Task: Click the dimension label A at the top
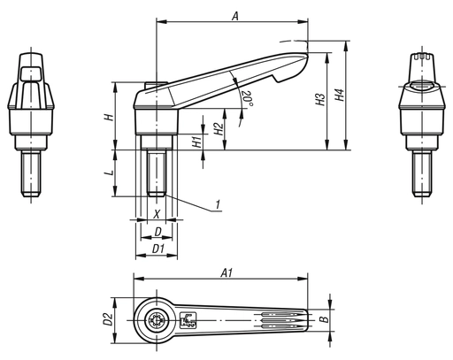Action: [x=234, y=15]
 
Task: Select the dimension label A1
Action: [x=226, y=273]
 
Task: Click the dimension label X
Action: [x=157, y=214]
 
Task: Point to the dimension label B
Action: [x=324, y=320]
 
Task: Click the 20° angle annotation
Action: [x=249, y=98]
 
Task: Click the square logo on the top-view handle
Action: [x=188, y=321]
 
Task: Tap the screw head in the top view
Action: [x=156, y=321]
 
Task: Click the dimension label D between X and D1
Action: [x=157, y=232]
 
